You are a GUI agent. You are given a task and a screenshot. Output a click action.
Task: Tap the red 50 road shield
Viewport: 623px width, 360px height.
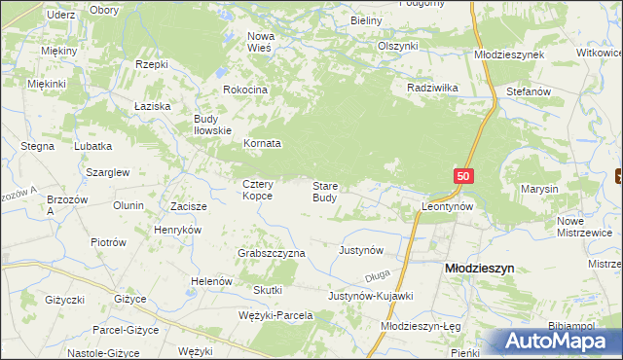463,176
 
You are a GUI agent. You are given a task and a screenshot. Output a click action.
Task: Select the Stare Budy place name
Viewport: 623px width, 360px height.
325,191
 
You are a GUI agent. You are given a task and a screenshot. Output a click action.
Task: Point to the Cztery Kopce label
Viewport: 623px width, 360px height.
258,190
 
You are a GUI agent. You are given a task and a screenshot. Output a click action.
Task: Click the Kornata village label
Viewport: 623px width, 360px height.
262,143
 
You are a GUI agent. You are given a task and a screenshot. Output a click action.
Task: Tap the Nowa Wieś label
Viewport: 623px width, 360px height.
261,42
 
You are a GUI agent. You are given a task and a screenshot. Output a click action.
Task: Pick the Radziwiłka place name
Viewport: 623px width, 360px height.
432,87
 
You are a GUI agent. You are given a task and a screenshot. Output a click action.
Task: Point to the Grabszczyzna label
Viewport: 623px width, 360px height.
272,253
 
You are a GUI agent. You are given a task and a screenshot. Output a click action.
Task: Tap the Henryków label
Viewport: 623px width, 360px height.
177,230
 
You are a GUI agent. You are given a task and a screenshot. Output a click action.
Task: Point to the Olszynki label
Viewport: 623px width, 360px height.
397,46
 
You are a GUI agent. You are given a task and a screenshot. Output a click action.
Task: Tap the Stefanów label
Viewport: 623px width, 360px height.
529,90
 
